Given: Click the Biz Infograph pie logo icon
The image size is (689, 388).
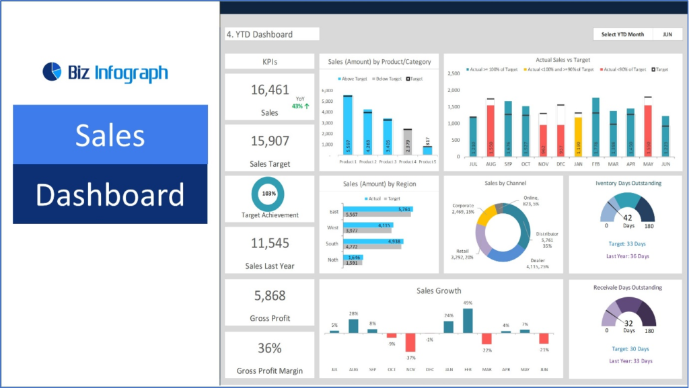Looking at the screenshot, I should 52,71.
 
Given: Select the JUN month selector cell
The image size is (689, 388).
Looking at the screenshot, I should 667,34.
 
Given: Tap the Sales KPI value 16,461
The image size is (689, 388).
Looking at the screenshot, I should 269,90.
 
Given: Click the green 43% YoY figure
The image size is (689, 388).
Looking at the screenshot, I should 299,106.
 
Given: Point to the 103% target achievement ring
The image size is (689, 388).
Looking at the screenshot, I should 268,193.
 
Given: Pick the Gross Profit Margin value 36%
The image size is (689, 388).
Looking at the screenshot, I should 269,348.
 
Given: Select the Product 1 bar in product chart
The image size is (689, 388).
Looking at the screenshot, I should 348,125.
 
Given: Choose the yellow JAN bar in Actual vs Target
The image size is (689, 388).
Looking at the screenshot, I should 578,137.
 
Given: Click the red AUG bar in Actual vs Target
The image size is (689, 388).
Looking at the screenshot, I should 491,130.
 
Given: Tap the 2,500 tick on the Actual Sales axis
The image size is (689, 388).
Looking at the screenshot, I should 453,73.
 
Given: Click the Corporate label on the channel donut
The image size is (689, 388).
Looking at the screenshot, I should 464,206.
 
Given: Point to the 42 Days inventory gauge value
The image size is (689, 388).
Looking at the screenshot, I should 628,218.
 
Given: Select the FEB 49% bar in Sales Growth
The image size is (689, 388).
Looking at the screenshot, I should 468,321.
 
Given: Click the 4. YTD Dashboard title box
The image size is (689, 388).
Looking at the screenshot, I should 272,34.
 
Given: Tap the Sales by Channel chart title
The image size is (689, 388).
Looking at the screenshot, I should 503,183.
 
